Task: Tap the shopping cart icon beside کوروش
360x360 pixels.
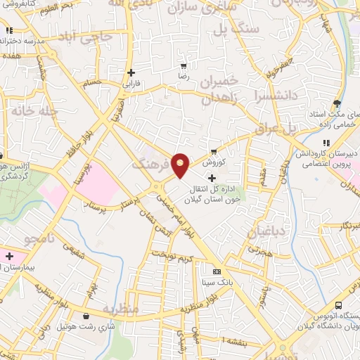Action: click(x=214, y=151)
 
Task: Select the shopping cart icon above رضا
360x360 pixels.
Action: click(x=183, y=63)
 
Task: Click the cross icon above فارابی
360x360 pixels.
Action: click(x=131, y=72)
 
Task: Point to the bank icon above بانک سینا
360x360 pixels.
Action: click(x=216, y=271)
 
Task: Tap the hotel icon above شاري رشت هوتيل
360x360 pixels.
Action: click(x=86, y=316)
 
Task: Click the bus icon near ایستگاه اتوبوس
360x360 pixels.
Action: click(x=338, y=306)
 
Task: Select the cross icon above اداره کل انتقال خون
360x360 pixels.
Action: click(x=212, y=178)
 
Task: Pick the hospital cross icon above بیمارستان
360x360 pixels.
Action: click(x=9, y=255)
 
